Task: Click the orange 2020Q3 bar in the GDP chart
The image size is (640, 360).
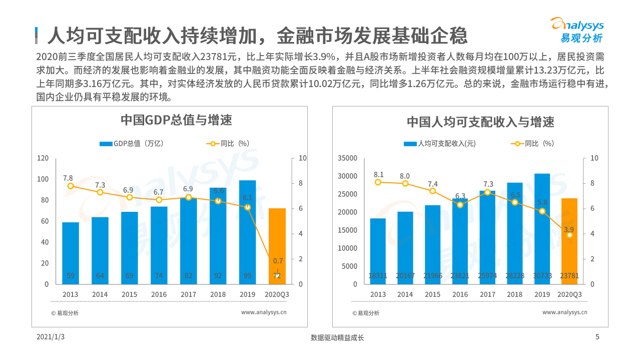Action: pyautogui.click(x=277, y=245)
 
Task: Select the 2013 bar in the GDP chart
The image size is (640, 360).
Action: pyautogui.click(x=71, y=253)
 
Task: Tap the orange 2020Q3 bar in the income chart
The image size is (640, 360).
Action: pyautogui.click(x=569, y=240)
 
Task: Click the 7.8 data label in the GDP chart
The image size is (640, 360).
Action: pyautogui.click(x=68, y=178)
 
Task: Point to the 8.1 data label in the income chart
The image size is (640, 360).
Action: pyautogui.click(x=378, y=174)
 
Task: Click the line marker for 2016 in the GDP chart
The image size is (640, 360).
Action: pyautogui.click(x=159, y=200)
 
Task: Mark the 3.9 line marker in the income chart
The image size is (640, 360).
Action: pyautogui.click(x=569, y=235)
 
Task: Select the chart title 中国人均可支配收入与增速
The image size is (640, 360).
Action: pyautogui.click(x=480, y=122)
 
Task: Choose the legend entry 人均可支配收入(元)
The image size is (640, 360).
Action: pyautogui.click(x=440, y=144)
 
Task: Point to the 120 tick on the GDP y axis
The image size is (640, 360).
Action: pyautogui.click(x=44, y=158)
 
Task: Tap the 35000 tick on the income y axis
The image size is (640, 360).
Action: pyautogui.click(x=348, y=158)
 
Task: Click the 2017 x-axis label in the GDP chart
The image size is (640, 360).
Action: pyautogui.click(x=189, y=294)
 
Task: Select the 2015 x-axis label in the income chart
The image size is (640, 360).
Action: pyautogui.click(x=433, y=294)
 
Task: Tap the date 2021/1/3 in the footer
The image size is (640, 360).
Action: pyautogui.click(x=51, y=337)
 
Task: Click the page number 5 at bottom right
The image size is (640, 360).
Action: pyautogui.click(x=597, y=337)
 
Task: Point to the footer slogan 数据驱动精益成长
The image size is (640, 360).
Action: pyautogui.click(x=337, y=337)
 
